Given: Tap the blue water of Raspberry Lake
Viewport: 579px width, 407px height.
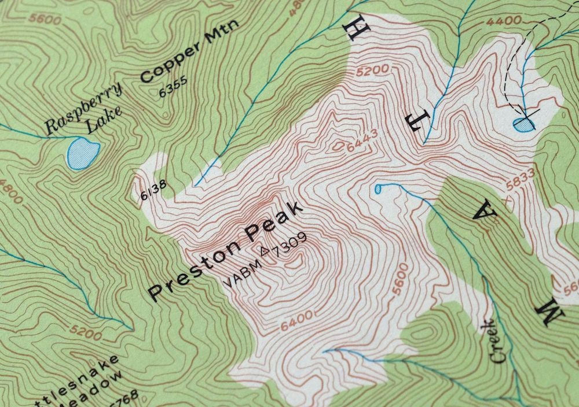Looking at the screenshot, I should point(82,152).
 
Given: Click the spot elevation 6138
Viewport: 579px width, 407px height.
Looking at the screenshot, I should point(153,190).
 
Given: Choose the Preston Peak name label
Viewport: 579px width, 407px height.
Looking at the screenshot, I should point(226,250).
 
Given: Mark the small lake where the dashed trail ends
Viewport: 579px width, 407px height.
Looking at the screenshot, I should point(523,124).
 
